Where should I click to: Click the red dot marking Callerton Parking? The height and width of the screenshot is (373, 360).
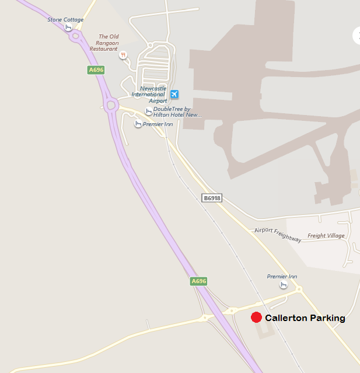(x=256, y=318)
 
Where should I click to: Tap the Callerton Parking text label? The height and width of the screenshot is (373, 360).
(x=305, y=318)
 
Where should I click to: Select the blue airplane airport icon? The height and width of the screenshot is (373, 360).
(x=174, y=95)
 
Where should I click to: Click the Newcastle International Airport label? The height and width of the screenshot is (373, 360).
(x=149, y=95)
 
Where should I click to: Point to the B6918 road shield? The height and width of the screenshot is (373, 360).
(x=212, y=198)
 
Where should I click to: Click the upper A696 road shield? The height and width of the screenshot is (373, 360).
(x=96, y=70)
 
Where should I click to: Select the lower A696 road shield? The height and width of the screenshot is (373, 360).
(x=199, y=281)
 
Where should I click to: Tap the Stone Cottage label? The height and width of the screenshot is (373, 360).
(x=65, y=20)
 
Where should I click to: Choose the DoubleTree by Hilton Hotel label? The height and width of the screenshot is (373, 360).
(x=177, y=112)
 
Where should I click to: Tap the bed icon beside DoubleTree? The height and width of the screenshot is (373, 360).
(x=149, y=111)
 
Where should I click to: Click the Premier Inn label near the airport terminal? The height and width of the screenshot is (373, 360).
(x=159, y=124)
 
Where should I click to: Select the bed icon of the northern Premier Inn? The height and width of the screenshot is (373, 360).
(x=138, y=124)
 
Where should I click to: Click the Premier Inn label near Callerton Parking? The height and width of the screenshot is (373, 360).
(x=282, y=276)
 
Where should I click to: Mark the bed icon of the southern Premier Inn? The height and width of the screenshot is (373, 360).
(x=284, y=284)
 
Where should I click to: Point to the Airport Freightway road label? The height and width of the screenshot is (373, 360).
(x=278, y=235)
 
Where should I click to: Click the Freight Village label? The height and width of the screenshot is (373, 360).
(x=326, y=236)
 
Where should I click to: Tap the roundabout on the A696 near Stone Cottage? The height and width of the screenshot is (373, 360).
(x=75, y=36)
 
